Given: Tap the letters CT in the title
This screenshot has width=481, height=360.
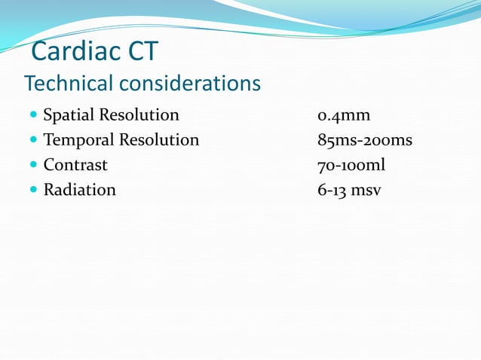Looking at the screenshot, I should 142,53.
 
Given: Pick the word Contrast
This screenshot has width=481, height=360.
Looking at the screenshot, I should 75,165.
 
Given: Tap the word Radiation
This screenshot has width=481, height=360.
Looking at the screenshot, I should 79,190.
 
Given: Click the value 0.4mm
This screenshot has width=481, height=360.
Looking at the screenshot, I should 344,116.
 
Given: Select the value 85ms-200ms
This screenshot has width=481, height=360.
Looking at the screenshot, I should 365,140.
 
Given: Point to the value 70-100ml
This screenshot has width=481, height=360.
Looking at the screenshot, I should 351,165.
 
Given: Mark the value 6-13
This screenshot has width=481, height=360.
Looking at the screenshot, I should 332,190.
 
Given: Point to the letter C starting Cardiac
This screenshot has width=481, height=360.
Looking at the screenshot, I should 41,53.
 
